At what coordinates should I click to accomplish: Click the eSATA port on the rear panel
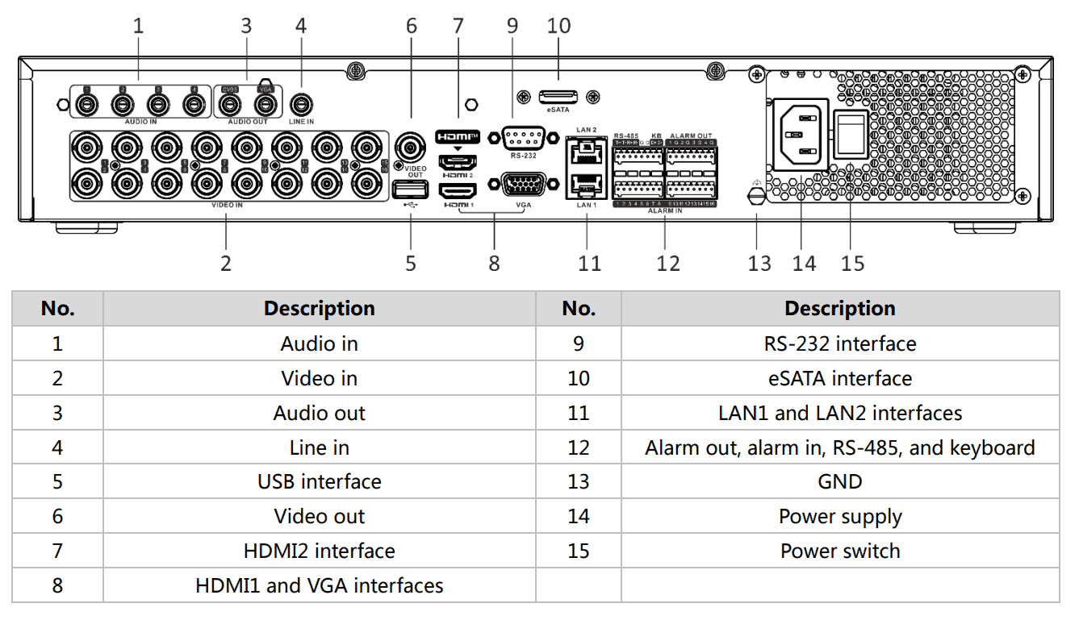[558, 96]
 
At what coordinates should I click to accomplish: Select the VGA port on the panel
[523, 185]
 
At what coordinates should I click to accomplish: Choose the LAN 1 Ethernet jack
[587, 185]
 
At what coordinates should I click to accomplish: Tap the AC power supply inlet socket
[801, 134]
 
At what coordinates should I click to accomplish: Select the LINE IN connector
[301, 105]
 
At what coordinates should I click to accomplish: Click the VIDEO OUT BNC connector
[410, 148]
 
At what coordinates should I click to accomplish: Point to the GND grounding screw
[757, 196]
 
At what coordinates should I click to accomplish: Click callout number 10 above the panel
[558, 26]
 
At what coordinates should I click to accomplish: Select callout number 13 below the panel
[759, 264]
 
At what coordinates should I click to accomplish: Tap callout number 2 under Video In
[226, 264]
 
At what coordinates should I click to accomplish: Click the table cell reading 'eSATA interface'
[839, 378]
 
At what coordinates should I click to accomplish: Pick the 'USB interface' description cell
[319, 481]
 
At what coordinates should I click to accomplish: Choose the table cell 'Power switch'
[839, 551]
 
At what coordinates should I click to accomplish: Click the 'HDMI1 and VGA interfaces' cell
[319, 585]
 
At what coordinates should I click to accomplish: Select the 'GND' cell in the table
[839, 481]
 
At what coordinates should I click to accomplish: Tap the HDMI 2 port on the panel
[457, 161]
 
